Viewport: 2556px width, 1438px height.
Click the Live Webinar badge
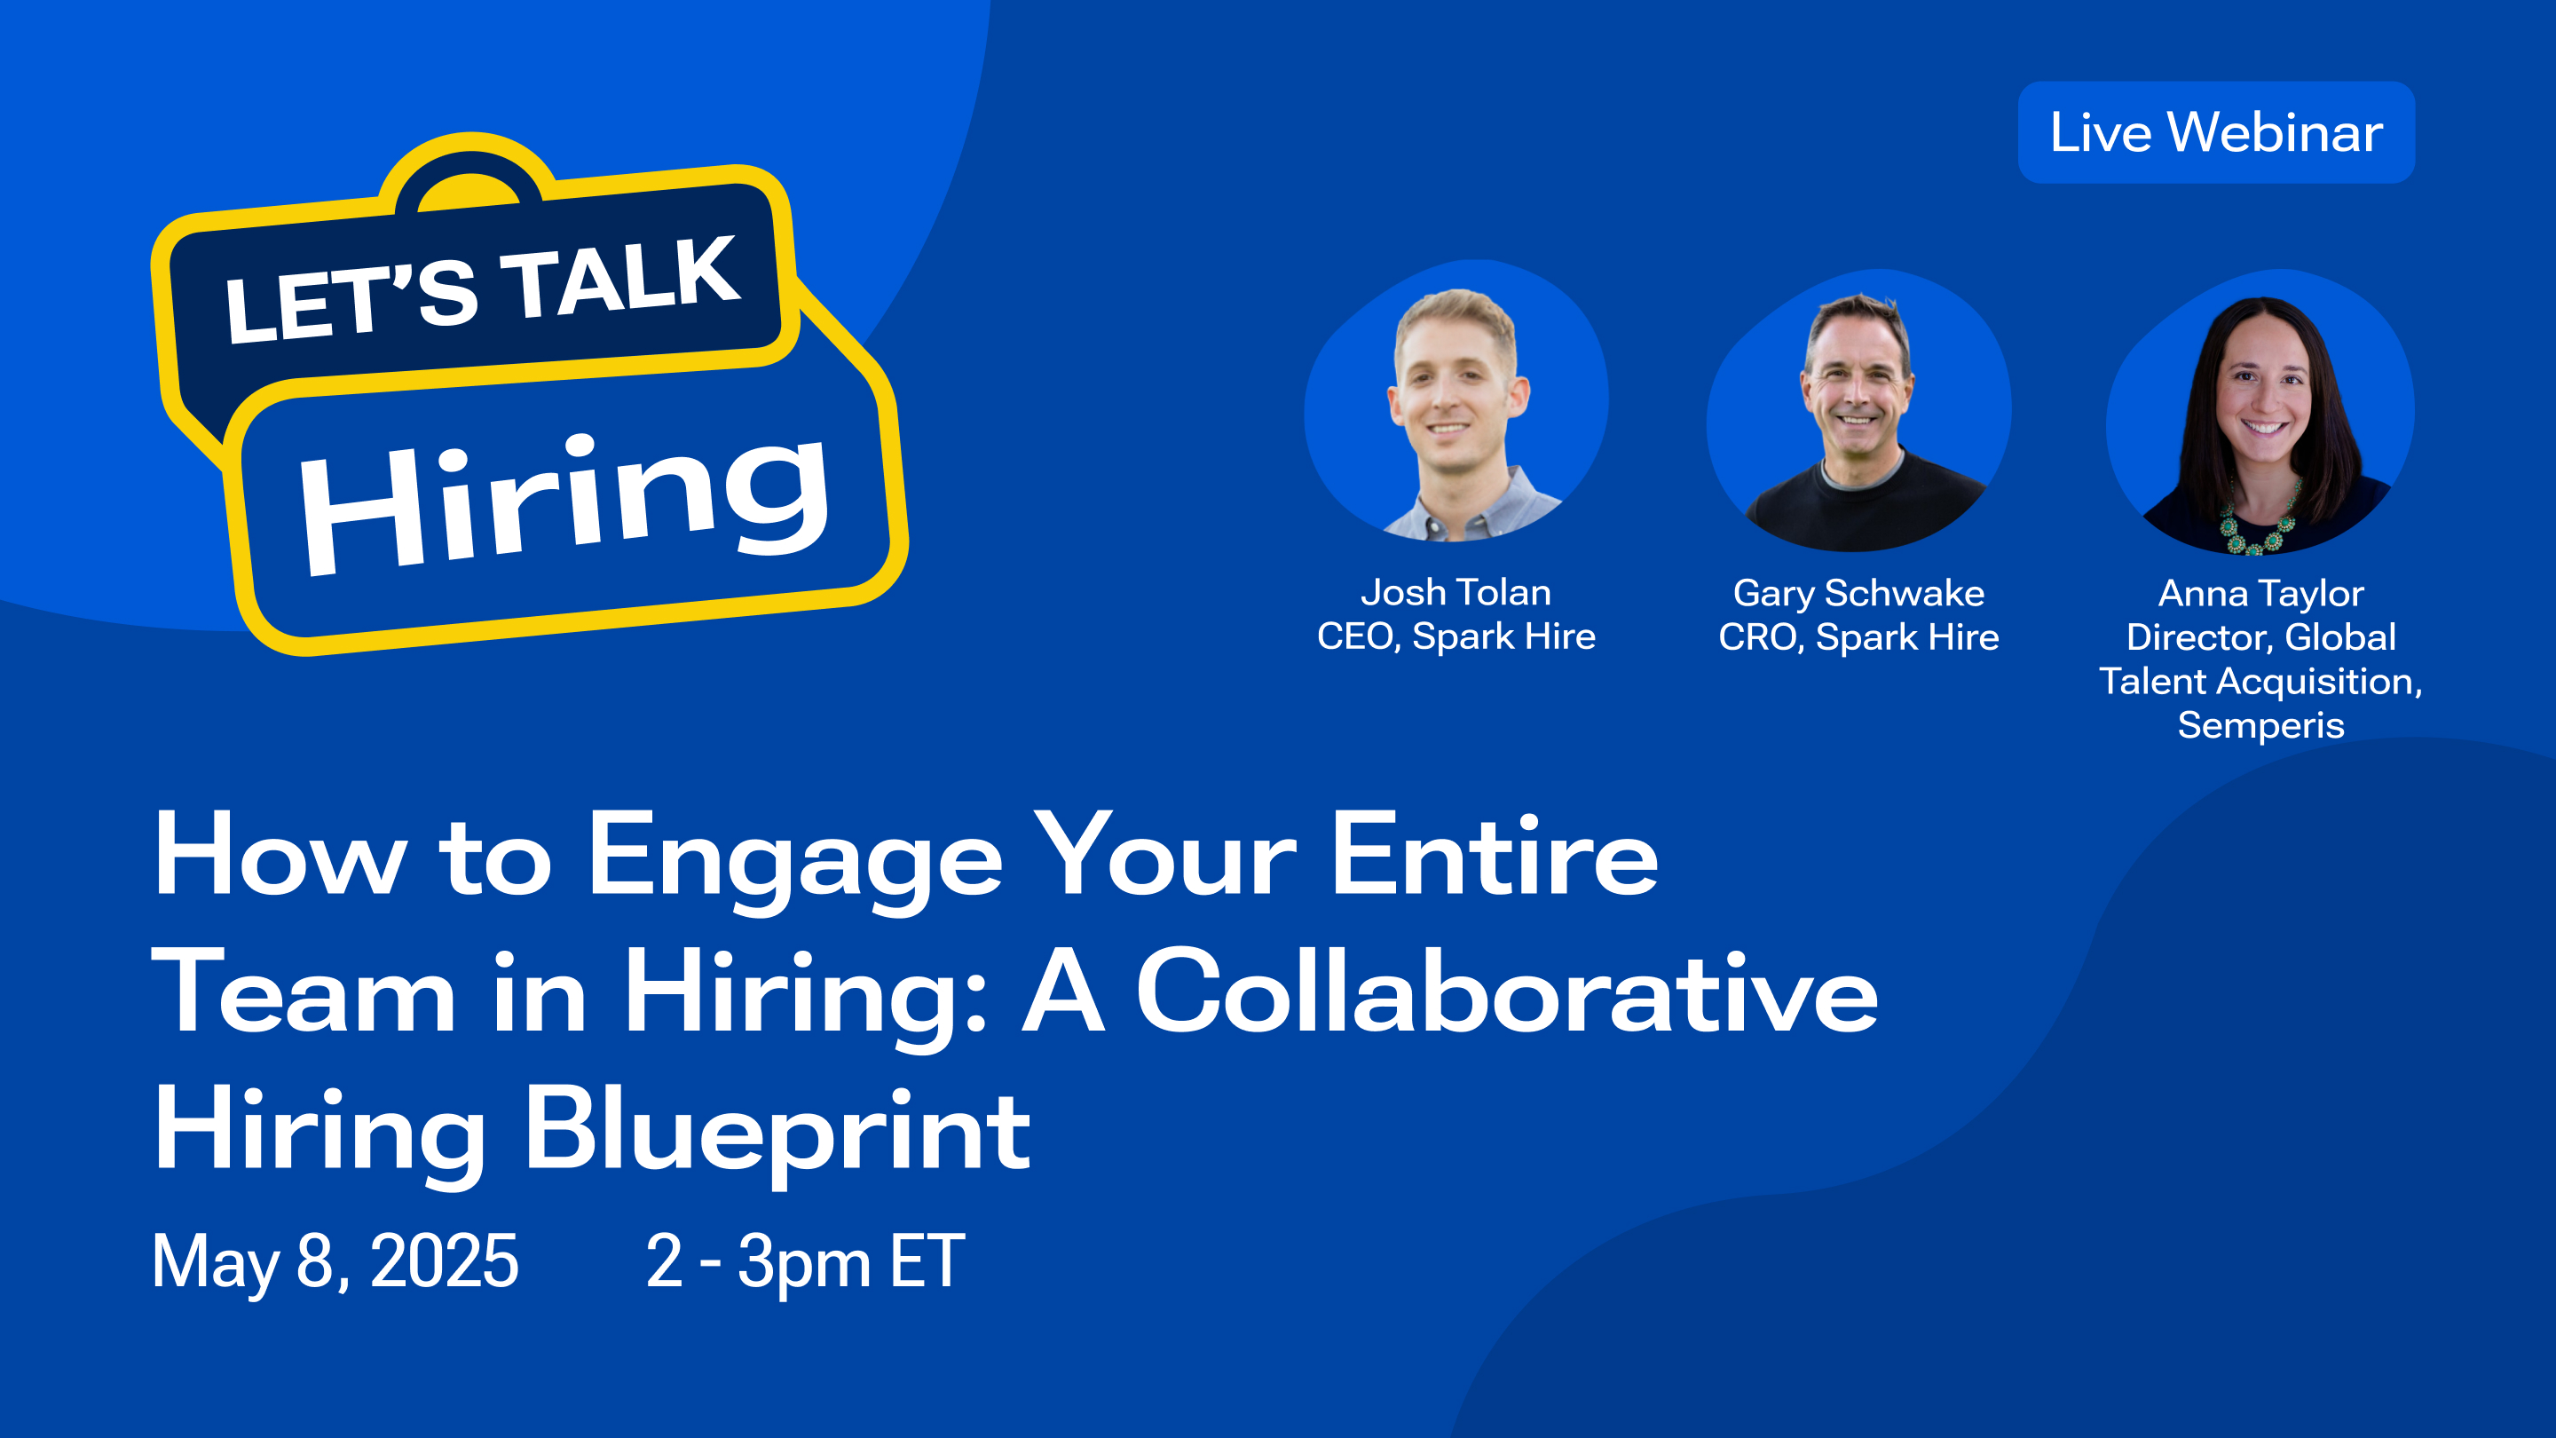(x=2216, y=132)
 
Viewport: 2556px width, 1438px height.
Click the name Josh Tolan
(x=1455, y=592)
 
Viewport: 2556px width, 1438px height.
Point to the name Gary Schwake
(x=1858, y=594)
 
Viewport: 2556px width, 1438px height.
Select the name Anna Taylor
(x=2261, y=594)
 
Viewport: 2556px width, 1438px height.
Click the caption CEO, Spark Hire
(x=1455, y=636)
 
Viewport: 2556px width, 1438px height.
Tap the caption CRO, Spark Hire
(x=1858, y=637)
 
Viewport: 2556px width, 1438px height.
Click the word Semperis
(x=2261, y=725)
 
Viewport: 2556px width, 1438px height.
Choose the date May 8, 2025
(x=335, y=1261)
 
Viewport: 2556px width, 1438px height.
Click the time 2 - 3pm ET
(x=805, y=1261)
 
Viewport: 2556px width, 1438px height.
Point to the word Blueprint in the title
(x=777, y=1132)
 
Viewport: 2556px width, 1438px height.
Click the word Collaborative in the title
(x=1506, y=993)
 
